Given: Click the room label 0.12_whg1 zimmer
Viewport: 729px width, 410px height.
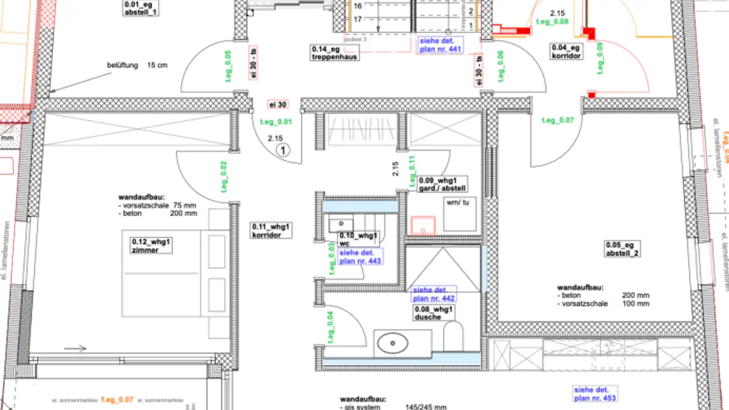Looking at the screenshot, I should pyautogui.click(x=151, y=245).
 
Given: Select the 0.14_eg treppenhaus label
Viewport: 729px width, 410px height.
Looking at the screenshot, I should pyautogui.click(x=335, y=53).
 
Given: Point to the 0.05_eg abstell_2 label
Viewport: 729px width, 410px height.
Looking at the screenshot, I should pyautogui.click(x=622, y=249).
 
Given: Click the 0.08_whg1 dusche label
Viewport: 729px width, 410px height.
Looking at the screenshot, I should pyautogui.click(x=434, y=313).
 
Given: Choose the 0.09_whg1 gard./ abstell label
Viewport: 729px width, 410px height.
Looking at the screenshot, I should pyautogui.click(x=442, y=184).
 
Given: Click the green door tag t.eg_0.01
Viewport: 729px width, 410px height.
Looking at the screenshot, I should pyautogui.click(x=276, y=121).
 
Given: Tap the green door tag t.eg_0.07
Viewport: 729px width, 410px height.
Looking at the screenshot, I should pyautogui.click(x=558, y=120).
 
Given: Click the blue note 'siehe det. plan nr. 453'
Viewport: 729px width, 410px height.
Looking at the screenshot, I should pyautogui.click(x=595, y=394).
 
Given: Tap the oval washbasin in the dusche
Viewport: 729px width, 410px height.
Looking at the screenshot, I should pyautogui.click(x=393, y=344).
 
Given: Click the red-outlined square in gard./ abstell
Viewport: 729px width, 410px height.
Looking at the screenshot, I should pyautogui.click(x=423, y=225).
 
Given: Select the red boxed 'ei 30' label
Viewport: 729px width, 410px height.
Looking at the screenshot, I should pyautogui.click(x=278, y=104).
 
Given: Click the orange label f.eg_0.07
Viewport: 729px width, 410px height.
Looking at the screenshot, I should pyautogui.click(x=117, y=399).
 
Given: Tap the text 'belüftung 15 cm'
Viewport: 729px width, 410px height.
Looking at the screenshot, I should pyautogui.click(x=137, y=65).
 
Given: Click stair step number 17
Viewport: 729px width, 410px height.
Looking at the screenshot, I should pyautogui.click(x=358, y=20).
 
